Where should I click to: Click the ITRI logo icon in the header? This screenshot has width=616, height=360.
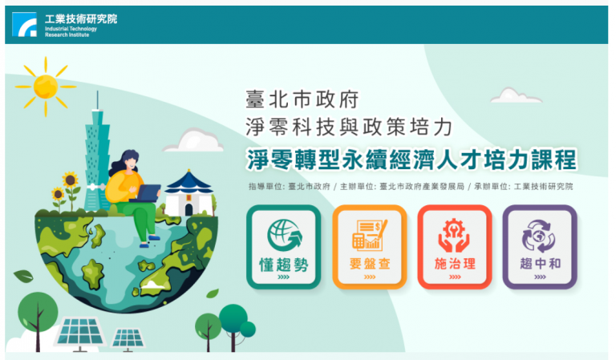click(24, 24)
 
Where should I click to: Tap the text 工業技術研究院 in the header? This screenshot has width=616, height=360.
click(81, 19)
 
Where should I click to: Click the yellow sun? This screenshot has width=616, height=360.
click(46, 87)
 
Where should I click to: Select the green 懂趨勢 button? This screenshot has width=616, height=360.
click(284, 247)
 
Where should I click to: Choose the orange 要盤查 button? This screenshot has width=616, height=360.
click(370, 247)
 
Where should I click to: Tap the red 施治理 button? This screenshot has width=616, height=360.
click(455, 247)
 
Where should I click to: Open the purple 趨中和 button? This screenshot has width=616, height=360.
click(540, 247)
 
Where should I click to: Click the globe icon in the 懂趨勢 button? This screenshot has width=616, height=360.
click(285, 235)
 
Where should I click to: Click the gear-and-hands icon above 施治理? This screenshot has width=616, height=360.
click(454, 235)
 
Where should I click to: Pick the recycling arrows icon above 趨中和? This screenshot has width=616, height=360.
click(539, 236)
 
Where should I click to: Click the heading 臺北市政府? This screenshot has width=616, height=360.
click(302, 99)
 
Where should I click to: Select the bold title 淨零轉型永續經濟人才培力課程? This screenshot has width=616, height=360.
click(411, 160)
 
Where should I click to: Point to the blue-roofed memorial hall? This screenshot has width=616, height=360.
click(189, 193)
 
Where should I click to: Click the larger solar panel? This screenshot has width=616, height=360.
click(80, 333)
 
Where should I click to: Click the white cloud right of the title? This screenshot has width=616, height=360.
click(516, 95)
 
